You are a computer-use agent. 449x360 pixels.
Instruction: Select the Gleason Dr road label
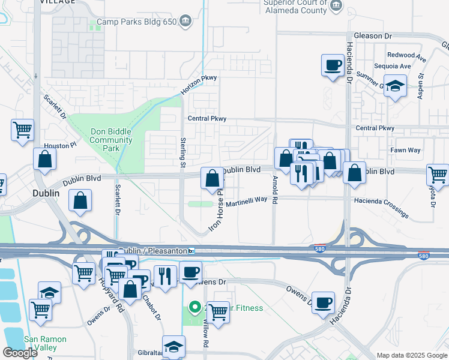pos(376,36)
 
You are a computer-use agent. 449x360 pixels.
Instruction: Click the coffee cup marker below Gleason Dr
pos(332,65)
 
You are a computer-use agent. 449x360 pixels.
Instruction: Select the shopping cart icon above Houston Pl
pos(22,130)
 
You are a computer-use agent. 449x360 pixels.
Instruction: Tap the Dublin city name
pos(46,194)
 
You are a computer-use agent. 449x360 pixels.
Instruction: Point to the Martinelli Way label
pos(246,200)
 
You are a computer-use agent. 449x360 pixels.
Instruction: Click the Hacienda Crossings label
pos(381,207)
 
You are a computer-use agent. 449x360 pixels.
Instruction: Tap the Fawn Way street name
pos(405,150)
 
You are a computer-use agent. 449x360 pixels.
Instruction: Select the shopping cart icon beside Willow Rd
pos(218,312)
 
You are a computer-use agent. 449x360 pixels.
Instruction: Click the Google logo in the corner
pos(20,353)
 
